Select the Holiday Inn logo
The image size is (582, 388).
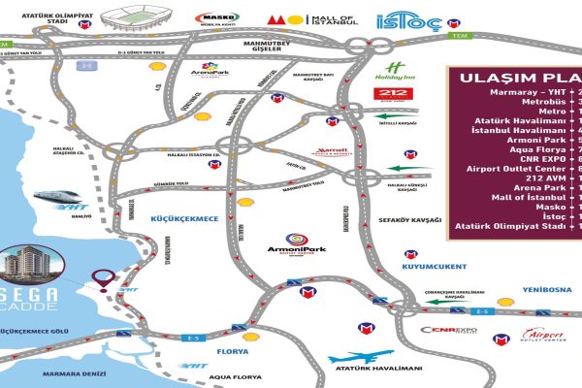392,70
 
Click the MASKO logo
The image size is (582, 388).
214,18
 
